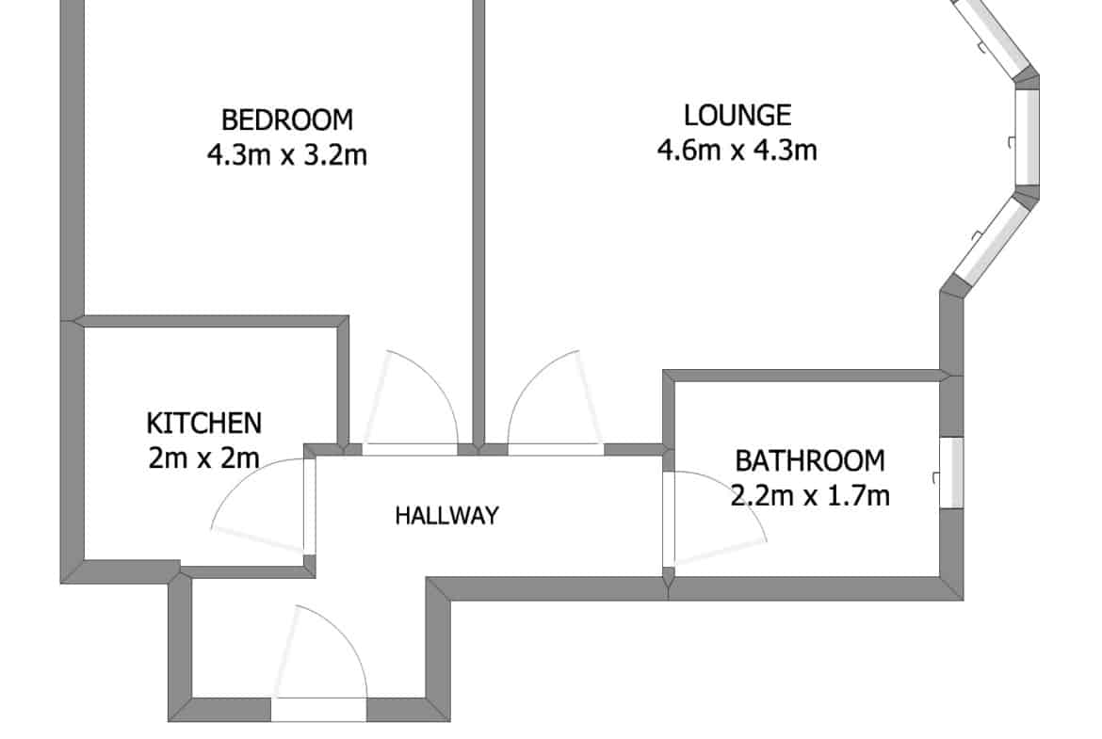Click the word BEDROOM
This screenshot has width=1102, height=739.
pyautogui.click(x=286, y=120)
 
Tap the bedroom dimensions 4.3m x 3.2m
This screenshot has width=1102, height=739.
pyautogui.click(x=286, y=154)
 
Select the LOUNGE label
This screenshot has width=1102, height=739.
pyautogui.click(x=737, y=115)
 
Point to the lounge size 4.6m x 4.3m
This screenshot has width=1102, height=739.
pyautogui.click(x=737, y=150)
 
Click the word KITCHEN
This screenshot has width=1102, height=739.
pyautogui.click(x=203, y=423)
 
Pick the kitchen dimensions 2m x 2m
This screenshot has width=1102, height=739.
pyautogui.click(x=203, y=458)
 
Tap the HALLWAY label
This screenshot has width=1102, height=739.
pyautogui.click(x=447, y=516)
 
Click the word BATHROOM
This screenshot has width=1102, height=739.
pyautogui.click(x=810, y=461)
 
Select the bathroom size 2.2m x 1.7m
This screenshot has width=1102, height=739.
pyautogui.click(x=810, y=496)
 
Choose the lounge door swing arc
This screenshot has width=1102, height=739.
pyautogui.click(x=530, y=379)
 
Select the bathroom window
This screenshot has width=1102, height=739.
pyautogui.click(x=951, y=472)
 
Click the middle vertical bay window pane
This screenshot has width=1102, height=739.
pyautogui.click(x=1027, y=137)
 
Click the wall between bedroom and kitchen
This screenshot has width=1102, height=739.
pyautogui.click(x=211, y=321)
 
